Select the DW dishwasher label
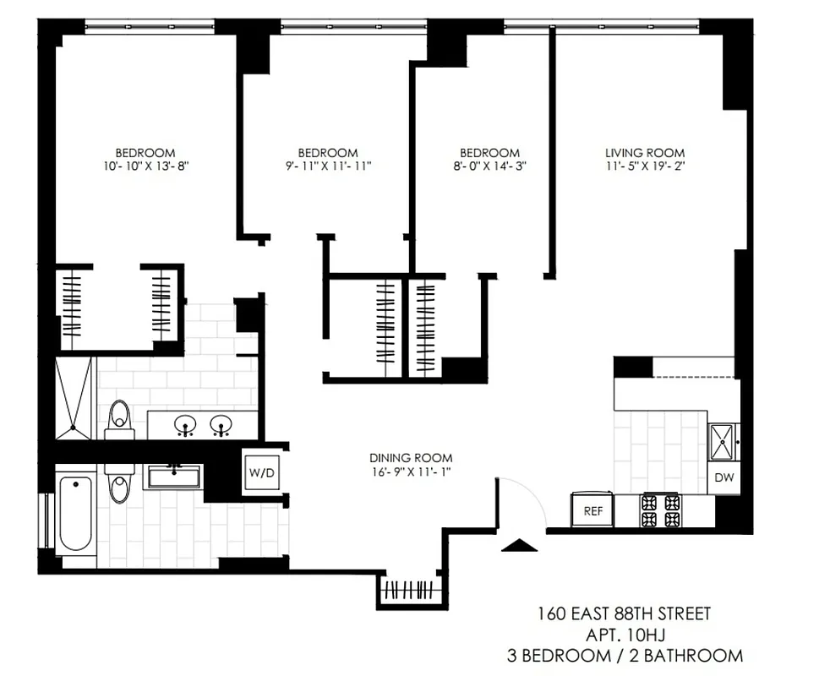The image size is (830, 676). (x=724, y=477)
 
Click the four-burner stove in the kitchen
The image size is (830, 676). (x=661, y=510)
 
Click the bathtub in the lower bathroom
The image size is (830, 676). (x=76, y=513)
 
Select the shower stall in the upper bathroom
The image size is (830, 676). (x=74, y=399)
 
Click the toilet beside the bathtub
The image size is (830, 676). (x=119, y=485)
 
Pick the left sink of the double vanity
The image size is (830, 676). (x=184, y=425)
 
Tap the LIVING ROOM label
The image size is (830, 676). (x=645, y=152)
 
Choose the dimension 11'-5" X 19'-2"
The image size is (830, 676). (x=645, y=166)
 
